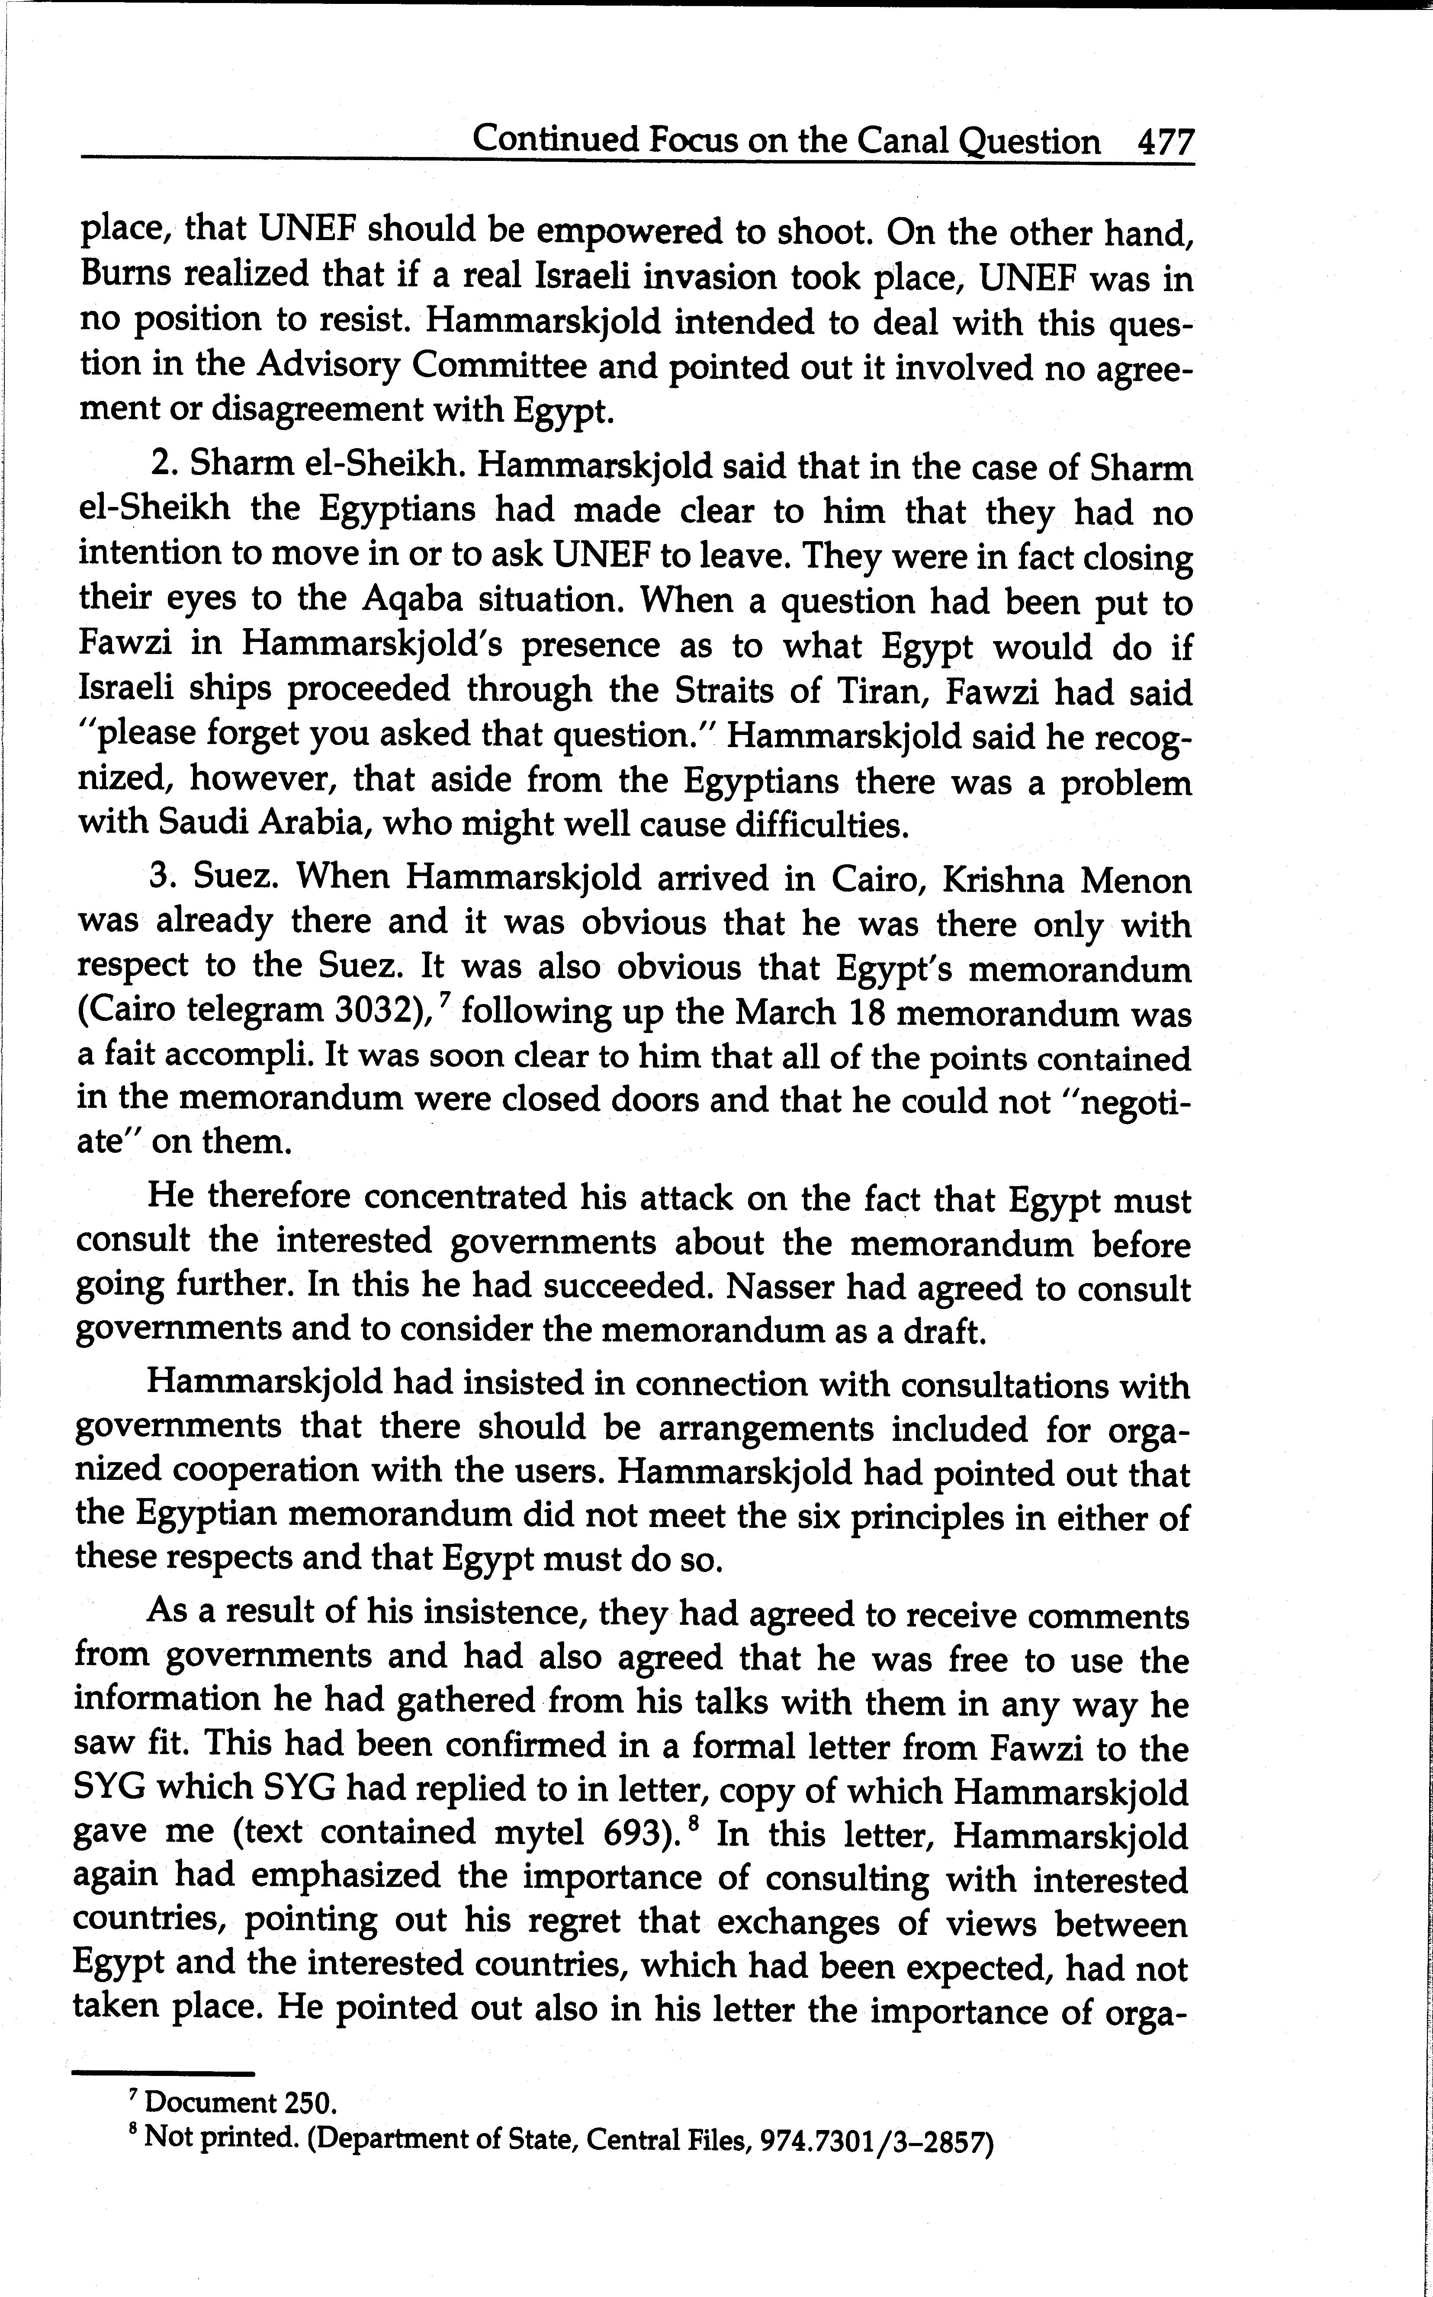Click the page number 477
[1164, 142]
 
